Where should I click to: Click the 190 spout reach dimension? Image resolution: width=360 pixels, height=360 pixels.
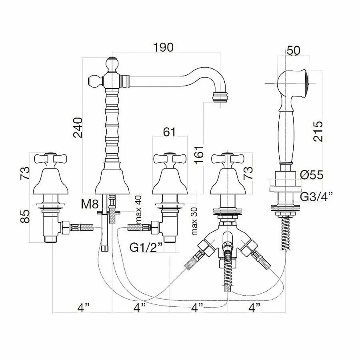pyautogui.click(x=163, y=47)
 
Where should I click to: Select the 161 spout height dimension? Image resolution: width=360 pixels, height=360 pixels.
pyautogui.click(x=199, y=157)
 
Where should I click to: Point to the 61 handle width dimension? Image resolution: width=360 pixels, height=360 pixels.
pyautogui.click(x=170, y=132)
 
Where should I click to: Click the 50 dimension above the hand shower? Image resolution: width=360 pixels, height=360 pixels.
pyautogui.click(x=293, y=50)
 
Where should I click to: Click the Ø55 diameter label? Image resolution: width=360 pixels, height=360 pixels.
pyautogui.click(x=311, y=175)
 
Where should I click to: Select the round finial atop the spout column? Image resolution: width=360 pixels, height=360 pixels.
pyautogui.click(x=112, y=63)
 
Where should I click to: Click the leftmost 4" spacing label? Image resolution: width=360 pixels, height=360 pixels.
pyautogui.click(x=83, y=308)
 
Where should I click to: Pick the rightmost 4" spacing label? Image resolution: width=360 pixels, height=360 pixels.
pyautogui.click(x=254, y=308)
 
